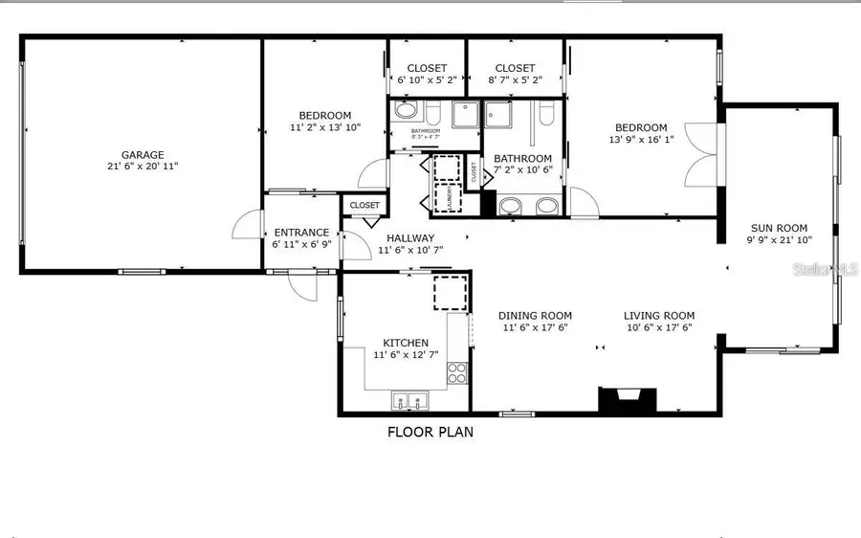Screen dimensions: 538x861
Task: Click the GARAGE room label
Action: point(143,154)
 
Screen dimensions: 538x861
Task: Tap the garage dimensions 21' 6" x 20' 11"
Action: point(143,167)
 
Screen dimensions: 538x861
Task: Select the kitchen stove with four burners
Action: point(458,371)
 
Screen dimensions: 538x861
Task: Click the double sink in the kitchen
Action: point(408,400)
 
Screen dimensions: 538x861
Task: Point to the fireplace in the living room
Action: point(628,399)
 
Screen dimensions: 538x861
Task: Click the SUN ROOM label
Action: point(777,228)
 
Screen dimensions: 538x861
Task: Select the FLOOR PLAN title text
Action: point(430,432)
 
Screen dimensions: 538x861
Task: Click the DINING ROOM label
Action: point(535,316)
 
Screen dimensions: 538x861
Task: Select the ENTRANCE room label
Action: point(301,233)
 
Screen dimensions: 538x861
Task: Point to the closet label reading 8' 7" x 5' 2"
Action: point(515,80)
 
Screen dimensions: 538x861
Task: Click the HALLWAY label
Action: point(410,238)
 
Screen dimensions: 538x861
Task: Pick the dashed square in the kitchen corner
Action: point(451,292)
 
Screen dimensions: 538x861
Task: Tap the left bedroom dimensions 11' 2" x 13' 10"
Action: point(325,127)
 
